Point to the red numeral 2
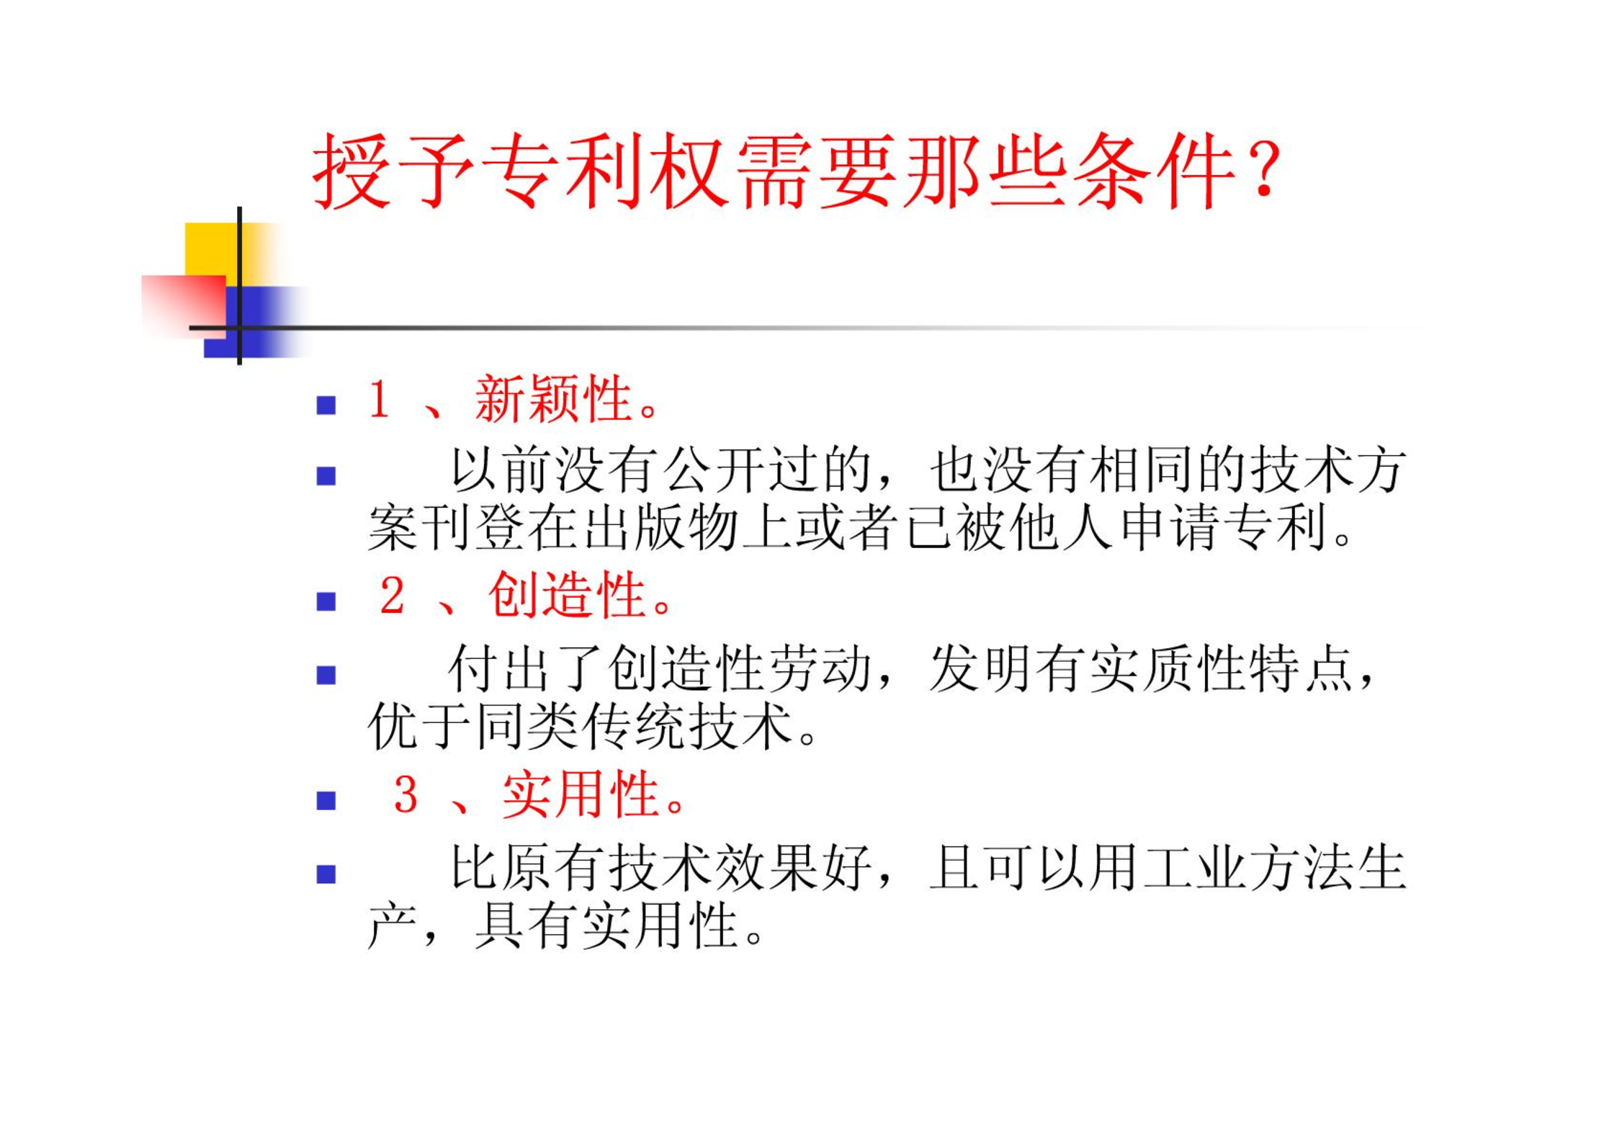click(x=392, y=596)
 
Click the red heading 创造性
click(x=566, y=596)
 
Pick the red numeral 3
click(x=405, y=796)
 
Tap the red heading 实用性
click(x=580, y=795)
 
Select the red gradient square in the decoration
click(x=183, y=306)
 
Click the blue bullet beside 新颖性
click(x=326, y=405)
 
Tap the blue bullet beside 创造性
click(x=326, y=601)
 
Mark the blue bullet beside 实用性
click(x=326, y=801)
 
